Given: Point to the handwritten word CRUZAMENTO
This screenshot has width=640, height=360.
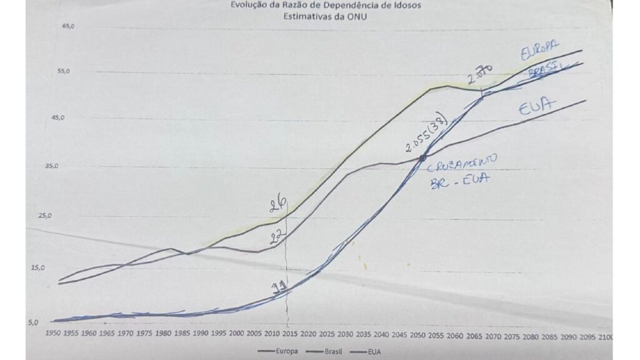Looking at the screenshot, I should (x=462, y=162).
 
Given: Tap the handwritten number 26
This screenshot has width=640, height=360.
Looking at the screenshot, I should (x=279, y=204).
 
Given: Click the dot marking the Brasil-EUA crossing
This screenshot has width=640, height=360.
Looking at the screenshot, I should (x=423, y=157).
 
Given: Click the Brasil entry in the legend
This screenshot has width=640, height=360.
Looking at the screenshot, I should (x=329, y=351).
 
